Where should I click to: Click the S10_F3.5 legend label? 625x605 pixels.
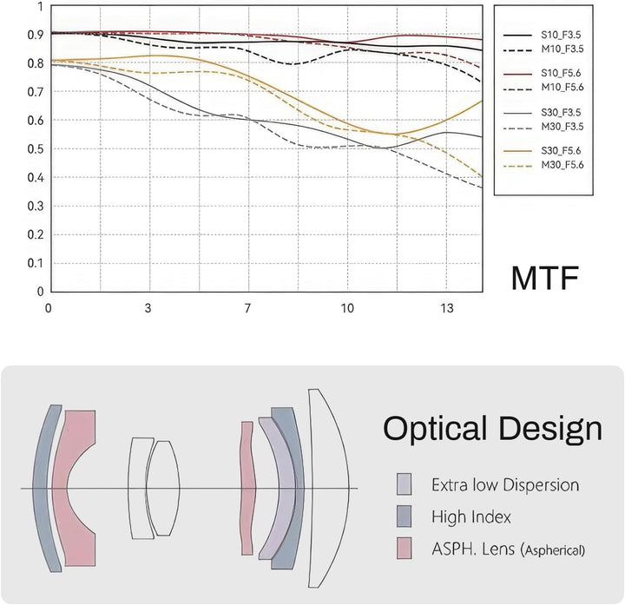point(561,35)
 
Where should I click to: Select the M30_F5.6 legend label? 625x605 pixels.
point(562,165)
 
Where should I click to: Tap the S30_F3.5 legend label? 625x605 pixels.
point(561,112)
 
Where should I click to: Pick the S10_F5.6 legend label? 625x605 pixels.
point(561,73)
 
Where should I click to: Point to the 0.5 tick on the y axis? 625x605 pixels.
point(35,149)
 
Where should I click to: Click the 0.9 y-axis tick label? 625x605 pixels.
point(35,35)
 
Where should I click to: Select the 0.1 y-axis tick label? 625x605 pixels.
point(35,263)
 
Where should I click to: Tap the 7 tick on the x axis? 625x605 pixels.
point(247,308)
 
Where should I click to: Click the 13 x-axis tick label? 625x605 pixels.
point(447,308)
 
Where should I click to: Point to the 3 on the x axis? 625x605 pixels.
point(148,308)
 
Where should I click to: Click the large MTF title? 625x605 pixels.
point(544,278)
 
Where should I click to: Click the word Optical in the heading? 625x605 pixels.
point(435,430)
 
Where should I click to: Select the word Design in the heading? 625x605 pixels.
point(550,430)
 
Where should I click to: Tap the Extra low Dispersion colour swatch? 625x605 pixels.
point(404,484)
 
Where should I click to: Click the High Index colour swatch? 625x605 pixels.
point(404,516)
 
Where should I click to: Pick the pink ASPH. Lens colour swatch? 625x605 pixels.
point(404,548)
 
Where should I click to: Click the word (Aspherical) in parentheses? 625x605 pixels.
point(552,550)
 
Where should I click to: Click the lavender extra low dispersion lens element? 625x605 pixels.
point(279,488)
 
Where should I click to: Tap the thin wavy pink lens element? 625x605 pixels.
point(248,488)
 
